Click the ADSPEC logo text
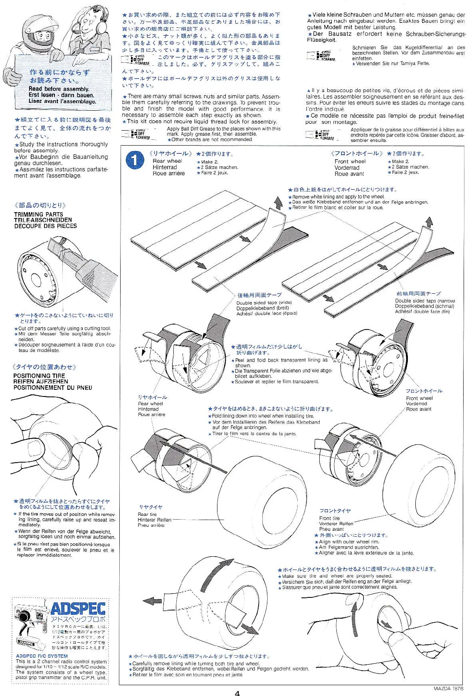point(78,609)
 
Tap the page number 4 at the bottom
point(237,693)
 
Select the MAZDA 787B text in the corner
point(448,689)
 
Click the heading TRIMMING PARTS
point(39,214)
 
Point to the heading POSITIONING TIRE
point(39,376)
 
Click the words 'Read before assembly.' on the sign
point(59,89)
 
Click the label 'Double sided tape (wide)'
point(264,302)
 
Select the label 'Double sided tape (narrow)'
point(425,300)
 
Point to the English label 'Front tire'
point(329,518)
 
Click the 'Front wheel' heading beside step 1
point(350,161)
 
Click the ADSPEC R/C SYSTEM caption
point(42,656)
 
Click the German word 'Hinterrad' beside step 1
point(165,167)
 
